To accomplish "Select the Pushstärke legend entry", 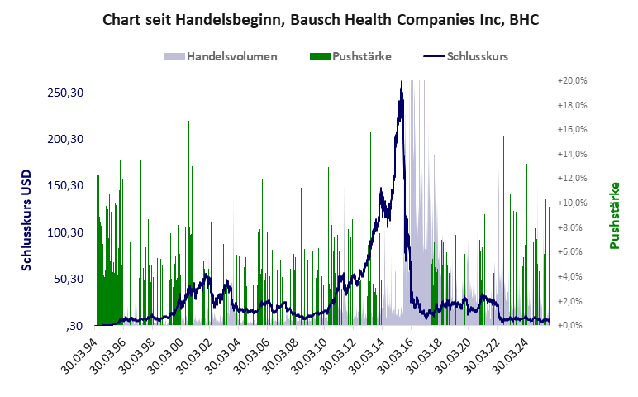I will point(361,57).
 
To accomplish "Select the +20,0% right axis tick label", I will point(572,80).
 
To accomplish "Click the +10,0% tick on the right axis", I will point(572,203).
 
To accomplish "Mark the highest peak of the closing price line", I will point(402,81).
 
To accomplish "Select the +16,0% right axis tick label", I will point(572,130).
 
